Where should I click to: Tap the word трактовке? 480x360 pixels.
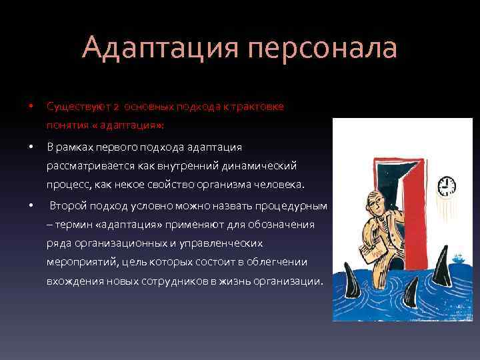coord(260,107)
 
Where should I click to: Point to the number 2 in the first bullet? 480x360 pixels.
coord(115,107)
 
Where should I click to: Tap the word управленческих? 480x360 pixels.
coord(221,243)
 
